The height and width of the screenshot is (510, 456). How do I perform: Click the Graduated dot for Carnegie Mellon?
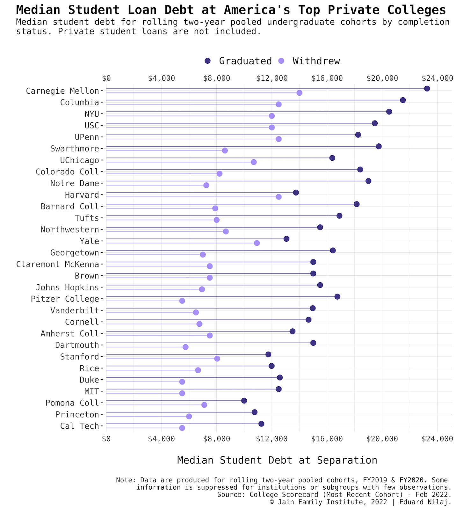tap(427, 89)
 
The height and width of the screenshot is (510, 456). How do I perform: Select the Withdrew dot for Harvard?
tap(279, 197)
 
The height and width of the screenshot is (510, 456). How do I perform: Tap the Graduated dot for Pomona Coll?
tap(244, 401)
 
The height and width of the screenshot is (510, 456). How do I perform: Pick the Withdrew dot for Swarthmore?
tap(225, 150)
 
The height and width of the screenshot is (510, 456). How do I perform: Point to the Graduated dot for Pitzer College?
tap(337, 297)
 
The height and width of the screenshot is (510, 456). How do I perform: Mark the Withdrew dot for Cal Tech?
tap(182, 428)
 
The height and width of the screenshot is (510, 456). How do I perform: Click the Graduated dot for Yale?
tap(286, 239)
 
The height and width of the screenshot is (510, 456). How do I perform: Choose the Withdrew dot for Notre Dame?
tap(206, 185)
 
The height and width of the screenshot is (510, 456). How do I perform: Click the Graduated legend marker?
tap(208, 61)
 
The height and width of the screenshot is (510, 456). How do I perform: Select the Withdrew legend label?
tap(316, 61)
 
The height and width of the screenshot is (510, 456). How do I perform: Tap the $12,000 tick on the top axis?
tap(272, 78)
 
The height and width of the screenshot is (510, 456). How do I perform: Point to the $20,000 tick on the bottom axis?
tap(382, 439)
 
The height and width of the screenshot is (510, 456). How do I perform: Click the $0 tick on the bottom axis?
tap(106, 439)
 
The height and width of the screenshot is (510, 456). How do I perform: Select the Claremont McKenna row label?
tap(58, 264)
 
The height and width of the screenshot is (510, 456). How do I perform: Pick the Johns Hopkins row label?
tap(67, 288)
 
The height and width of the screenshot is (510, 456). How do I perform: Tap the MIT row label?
tap(92, 391)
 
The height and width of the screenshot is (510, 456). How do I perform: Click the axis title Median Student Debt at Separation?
tap(277, 460)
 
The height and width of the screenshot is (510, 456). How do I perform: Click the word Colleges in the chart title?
tap(416, 10)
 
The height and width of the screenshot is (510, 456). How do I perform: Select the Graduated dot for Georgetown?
tap(333, 251)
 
